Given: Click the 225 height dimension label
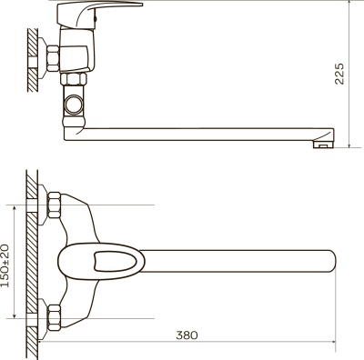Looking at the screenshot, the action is coord(339,74).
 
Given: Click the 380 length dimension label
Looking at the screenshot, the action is coord(187,335).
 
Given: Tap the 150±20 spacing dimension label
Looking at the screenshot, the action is coord(5,265).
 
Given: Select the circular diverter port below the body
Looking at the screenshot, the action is coord(74,105).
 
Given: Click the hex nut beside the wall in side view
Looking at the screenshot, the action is coord(53,58).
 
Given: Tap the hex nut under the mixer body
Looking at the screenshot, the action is coord(74,79).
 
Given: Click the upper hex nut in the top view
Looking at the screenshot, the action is coord(54,205).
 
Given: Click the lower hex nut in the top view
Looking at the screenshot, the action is coord(54,317).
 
